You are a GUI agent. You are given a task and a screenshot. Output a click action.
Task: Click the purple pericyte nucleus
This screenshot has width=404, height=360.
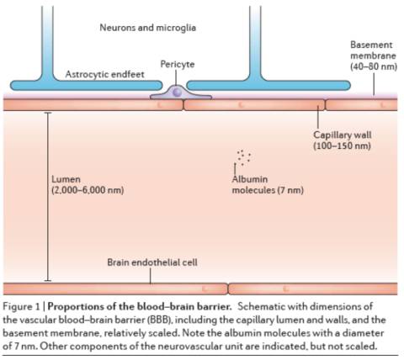(x=177, y=92)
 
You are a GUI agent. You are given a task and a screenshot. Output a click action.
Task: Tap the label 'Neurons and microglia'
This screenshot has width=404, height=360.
(x=148, y=28)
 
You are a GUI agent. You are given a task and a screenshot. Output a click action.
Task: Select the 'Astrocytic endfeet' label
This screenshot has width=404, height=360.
(x=104, y=74)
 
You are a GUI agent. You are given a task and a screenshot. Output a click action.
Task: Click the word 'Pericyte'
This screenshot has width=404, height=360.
(x=178, y=64)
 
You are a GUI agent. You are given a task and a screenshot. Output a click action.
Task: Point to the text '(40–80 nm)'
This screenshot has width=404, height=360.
(x=374, y=66)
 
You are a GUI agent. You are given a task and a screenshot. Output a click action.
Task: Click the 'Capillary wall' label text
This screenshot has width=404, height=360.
(x=343, y=135)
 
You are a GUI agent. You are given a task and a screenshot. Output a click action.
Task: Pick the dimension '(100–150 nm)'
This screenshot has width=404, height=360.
(x=342, y=146)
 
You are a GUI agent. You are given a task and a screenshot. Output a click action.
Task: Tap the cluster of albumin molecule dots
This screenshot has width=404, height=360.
(x=243, y=157)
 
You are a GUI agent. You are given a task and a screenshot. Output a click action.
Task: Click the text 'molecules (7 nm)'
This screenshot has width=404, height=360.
(x=268, y=190)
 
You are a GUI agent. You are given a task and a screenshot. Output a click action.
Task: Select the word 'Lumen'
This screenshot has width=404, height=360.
(x=66, y=179)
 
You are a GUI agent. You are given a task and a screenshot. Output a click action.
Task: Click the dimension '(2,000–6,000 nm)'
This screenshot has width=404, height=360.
(x=88, y=190)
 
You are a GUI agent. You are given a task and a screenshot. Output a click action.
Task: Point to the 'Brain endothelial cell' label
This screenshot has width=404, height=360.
(x=152, y=262)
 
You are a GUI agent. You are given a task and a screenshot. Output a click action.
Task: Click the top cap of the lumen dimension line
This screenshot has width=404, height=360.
(x=48, y=113)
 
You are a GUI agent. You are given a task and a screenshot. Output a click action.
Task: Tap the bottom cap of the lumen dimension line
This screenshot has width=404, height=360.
(x=48, y=280)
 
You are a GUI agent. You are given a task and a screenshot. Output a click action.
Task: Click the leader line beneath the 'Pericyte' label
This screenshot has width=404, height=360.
(x=177, y=77)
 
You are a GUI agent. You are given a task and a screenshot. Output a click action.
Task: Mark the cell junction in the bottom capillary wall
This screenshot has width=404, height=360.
(x=228, y=289)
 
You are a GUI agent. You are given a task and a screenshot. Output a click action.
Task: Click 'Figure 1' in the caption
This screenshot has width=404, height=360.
(x=21, y=307)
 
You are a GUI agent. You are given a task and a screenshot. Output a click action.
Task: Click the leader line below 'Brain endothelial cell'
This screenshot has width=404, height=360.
(x=151, y=276)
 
